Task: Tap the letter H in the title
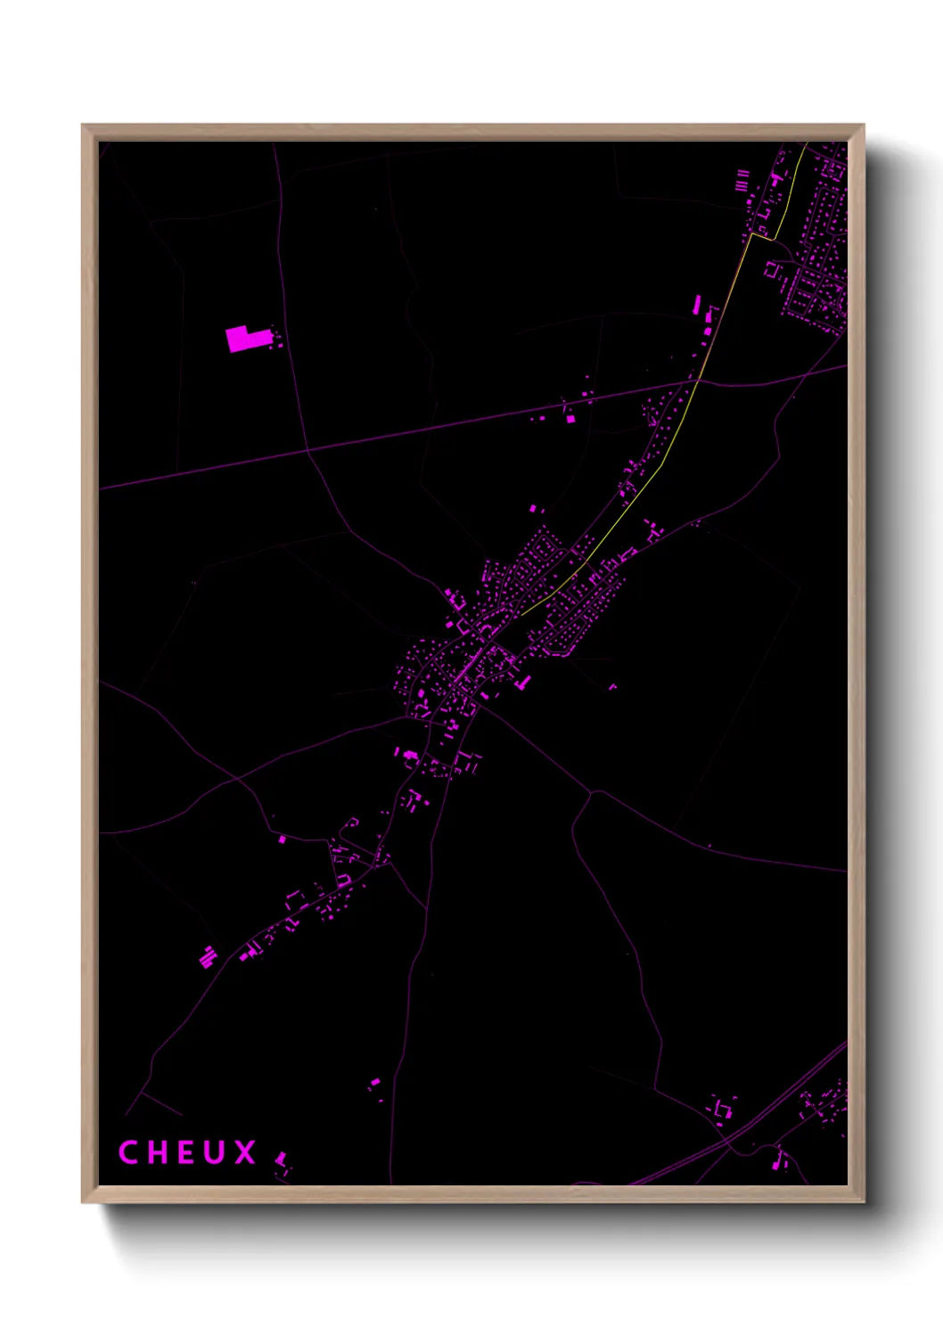[158, 1152]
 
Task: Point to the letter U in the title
[215, 1152]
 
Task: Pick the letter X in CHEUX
[245, 1152]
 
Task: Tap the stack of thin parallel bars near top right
[742, 181]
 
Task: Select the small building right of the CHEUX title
[282, 1159]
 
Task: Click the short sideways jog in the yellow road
[763, 236]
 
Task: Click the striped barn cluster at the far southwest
[208, 957]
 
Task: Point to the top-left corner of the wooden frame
[83, 126]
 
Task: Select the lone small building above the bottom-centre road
[374, 1084]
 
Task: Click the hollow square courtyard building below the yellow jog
[772, 269]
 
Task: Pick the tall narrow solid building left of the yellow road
[697, 304]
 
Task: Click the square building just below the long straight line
[570, 418]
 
